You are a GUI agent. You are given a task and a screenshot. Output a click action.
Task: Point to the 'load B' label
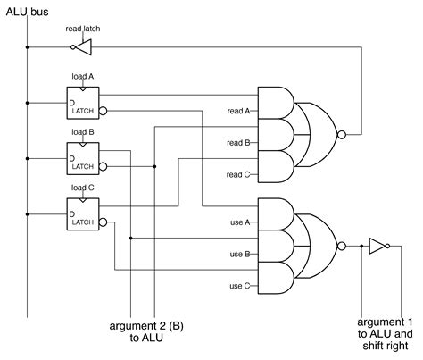click(81, 131)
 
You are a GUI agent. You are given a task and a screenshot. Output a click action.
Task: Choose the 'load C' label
click(81, 187)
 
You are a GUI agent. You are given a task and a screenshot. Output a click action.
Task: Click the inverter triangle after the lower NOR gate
click(377, 245)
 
